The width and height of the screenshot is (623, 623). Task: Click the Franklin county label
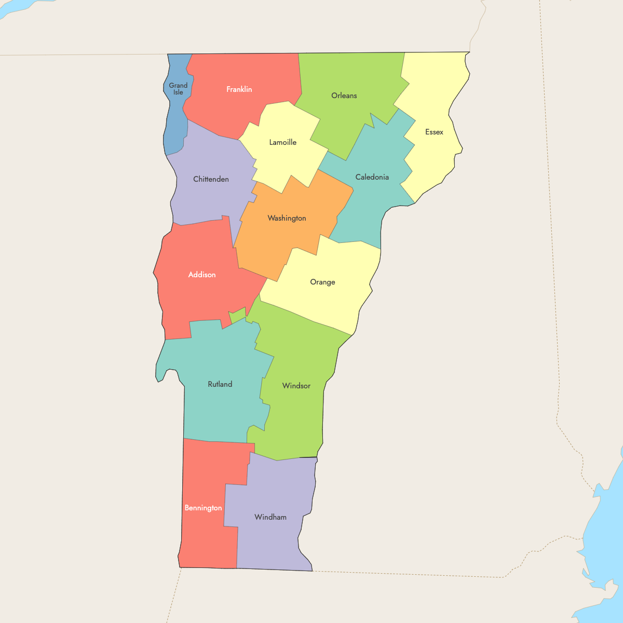[x=239, y=89]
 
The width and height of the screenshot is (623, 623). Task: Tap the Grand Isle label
[x=178, y=89]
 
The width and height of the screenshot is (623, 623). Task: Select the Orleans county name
[x=344, y=96]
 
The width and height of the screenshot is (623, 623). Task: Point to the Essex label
[x=434, y=132]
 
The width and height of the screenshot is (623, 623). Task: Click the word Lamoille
[x=283, y=142]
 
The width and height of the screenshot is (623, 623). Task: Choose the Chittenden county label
[x=211, y=179]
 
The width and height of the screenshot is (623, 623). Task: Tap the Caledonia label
[x=372, y=177]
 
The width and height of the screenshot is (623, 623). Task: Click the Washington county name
[x=287, y=218]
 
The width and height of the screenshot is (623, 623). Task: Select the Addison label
[x=202, y=275]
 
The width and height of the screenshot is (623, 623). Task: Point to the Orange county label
[x=322, y=282]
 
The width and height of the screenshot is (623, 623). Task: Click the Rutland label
[x=220, y=384]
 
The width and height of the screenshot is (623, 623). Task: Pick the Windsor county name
[x=296, y=386]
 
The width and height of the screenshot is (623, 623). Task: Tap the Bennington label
[x=203, y=508]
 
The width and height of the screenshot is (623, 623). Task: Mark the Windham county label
[x=270, y=517]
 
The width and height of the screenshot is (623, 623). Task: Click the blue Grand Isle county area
[x=174, y=130]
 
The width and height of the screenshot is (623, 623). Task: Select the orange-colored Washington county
[x=291, y=239]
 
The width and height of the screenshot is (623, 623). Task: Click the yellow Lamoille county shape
[x=286, y=161]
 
